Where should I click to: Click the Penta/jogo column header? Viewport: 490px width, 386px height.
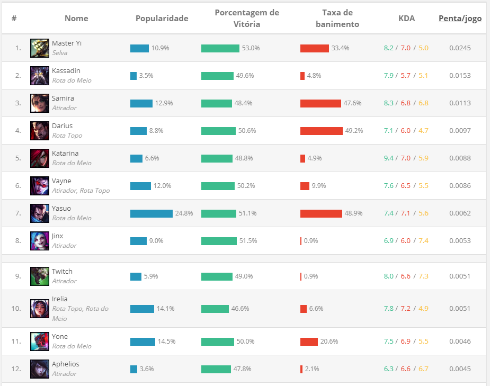(460, 19)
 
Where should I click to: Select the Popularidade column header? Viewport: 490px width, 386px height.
(162, 19)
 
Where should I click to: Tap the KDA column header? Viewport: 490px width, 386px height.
(406, 19)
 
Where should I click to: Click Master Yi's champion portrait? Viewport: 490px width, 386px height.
(40, 48)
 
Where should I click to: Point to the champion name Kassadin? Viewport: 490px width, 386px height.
(66, 71)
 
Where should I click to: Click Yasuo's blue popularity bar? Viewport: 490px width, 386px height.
(152, 213)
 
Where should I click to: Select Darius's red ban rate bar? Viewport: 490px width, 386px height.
(321, 131)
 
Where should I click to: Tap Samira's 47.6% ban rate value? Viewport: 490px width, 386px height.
(352, 103)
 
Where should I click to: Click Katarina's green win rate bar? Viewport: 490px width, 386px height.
(217, 158)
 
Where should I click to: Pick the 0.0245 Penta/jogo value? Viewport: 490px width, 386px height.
(460, 48)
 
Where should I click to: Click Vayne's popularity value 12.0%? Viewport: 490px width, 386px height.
(162, 186)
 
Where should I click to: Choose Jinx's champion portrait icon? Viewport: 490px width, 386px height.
(40, 241)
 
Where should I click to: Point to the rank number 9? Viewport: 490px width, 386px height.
(18, 276)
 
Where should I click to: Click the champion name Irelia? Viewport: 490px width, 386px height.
(60, 299)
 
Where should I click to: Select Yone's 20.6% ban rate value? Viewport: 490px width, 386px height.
(329, 342)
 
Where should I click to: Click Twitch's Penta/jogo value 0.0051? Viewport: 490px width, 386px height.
(460, 276)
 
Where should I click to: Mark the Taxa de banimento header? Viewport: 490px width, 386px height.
(337, 19)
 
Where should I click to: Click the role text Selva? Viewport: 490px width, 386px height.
(59, 53)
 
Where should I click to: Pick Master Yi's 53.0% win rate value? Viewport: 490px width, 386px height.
(251, 48)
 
